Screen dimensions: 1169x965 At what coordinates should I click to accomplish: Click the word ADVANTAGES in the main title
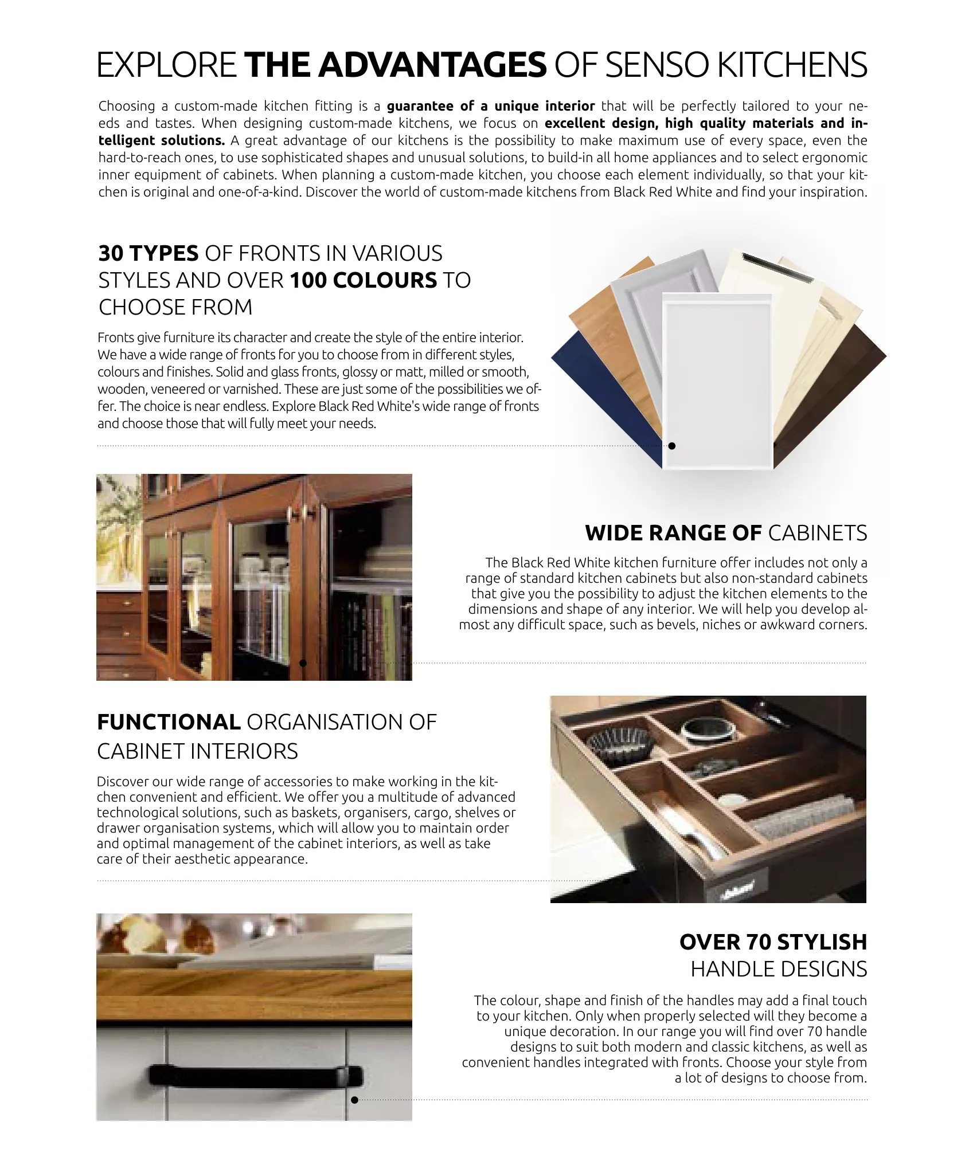432,65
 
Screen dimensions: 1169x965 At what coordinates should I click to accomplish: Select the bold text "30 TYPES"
149,253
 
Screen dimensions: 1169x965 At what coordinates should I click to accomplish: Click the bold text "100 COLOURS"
364,280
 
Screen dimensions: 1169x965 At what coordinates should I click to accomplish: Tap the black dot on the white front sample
672,446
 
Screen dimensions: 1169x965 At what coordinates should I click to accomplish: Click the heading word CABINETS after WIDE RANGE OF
818,533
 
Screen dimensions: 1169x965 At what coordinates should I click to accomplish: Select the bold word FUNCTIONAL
169,722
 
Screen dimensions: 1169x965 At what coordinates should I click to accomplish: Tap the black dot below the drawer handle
354,1100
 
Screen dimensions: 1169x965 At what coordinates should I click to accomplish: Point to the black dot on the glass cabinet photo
303,663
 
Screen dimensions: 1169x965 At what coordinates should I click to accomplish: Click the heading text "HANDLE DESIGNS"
779,970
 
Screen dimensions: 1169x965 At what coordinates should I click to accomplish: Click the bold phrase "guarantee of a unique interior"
491,106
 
